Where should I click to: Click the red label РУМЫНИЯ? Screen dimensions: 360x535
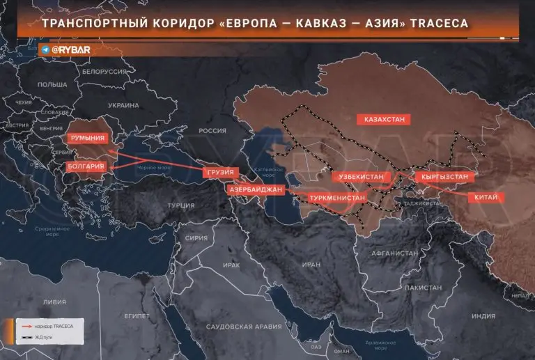click(x=88, y=138)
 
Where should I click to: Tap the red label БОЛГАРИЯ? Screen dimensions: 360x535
click(x=86, y=167)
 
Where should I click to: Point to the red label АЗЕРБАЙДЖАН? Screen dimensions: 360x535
click(x=255, y=189)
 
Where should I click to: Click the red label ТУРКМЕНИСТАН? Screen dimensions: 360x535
click(x=337, y=198)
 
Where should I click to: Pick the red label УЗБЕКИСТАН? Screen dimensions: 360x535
click(x=361, y=177)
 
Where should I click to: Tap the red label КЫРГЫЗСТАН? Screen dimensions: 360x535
click(x=444, y=177)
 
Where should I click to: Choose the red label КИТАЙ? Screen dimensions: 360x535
click(x=486, y=198)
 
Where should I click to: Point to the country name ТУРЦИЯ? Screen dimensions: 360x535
click(x=181, y=205)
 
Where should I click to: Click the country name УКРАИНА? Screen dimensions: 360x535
click(x=123, y=104)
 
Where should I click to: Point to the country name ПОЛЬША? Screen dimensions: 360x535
click(x=52, y=84)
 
